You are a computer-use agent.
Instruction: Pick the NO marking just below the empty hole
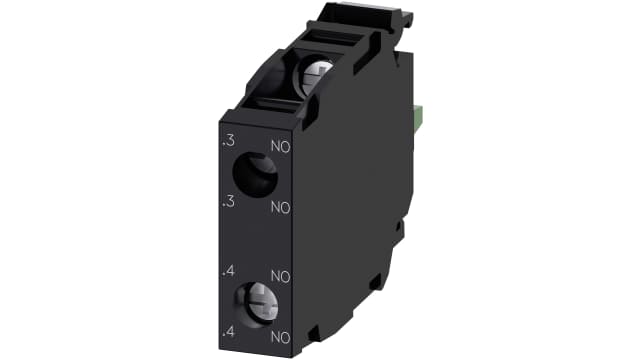point(280,209)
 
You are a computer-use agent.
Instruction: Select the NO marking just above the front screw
point(280,275)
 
